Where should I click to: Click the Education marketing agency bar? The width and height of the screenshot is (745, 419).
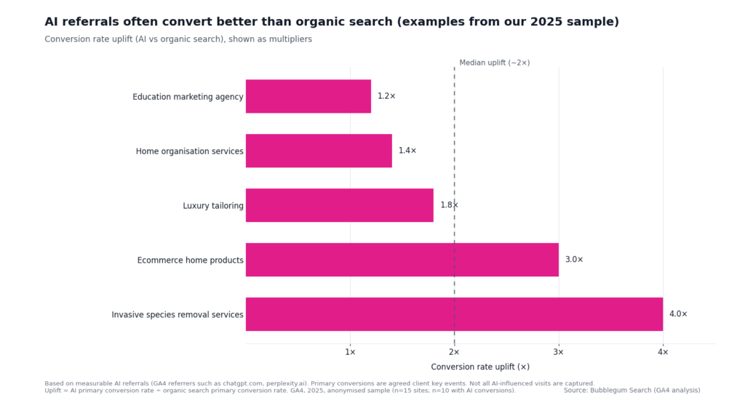click(308, 96)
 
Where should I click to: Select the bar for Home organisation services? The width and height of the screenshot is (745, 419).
click(319, 151)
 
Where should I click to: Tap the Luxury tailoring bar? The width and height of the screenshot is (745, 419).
click(340, 205)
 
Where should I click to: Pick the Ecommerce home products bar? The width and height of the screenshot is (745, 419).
click(402, 260)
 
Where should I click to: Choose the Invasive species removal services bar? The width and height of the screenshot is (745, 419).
click(454, 314)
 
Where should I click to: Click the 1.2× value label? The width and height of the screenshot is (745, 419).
click(386, 96)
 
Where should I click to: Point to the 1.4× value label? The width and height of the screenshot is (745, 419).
click(407, 151)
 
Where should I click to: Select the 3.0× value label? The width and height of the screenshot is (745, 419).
click(574, 260)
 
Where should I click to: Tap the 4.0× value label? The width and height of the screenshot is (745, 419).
click(678, 314)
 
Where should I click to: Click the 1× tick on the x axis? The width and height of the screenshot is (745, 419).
click(350, 352)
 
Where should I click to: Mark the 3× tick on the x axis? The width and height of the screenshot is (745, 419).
click(559, 352)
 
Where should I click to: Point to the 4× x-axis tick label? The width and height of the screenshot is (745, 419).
click(663, 352)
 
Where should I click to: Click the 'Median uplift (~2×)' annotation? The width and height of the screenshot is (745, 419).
click(495, 63)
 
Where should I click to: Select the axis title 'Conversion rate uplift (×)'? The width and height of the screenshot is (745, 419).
click(480, 367)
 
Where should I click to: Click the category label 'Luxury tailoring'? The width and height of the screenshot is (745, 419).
click(213, 206)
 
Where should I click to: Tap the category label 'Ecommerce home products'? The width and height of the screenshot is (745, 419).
click(191, 260)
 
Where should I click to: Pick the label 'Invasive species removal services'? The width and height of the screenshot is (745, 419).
click(178, 315)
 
